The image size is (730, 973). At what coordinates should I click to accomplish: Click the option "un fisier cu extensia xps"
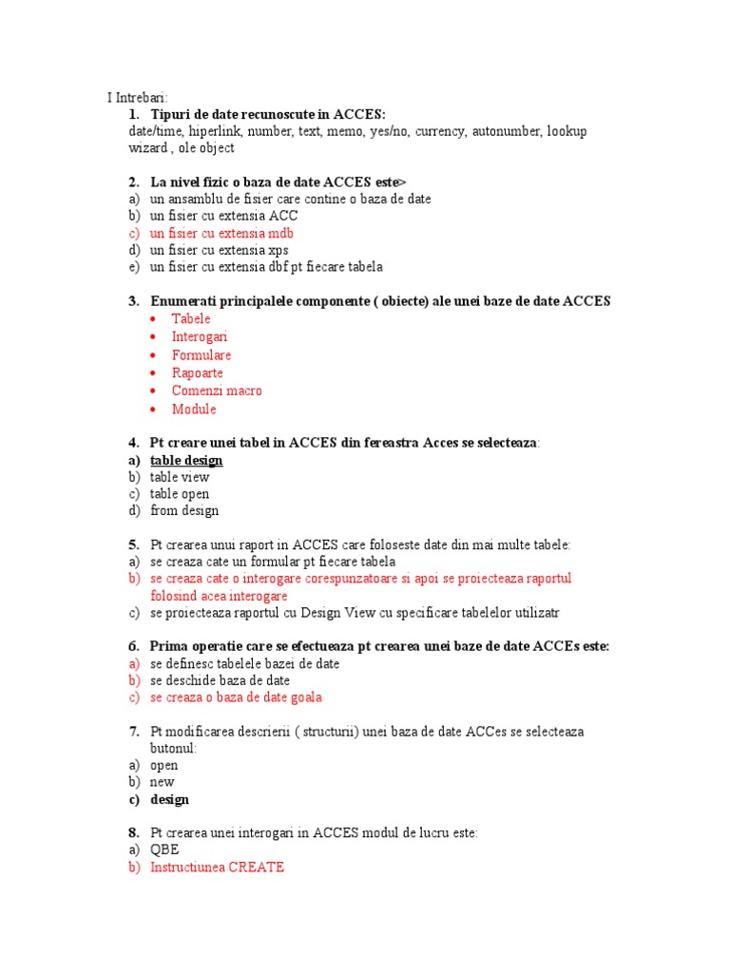[220, 251]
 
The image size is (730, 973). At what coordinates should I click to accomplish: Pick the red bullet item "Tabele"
[191, 319]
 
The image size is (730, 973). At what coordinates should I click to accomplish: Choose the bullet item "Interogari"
[200, 337]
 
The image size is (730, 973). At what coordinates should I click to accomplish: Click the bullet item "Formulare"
[202, 355]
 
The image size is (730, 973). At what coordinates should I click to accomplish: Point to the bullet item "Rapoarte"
[198, 373]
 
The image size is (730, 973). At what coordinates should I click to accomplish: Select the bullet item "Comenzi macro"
[217, 391]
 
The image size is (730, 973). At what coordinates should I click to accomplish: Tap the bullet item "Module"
[194, 410]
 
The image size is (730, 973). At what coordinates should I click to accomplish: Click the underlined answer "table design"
[186, 461]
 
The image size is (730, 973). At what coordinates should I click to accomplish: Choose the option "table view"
[180, 478]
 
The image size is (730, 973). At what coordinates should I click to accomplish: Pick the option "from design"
[184, 511]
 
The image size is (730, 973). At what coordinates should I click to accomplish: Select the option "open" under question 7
[163, 766]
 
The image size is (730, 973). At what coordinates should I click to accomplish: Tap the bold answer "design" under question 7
[169, 800]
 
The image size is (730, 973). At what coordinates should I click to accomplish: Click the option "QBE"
[164, 850]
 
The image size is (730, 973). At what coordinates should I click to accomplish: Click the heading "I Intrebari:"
[137, 97]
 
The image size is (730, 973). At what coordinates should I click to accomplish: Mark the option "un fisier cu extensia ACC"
[223, 217]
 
